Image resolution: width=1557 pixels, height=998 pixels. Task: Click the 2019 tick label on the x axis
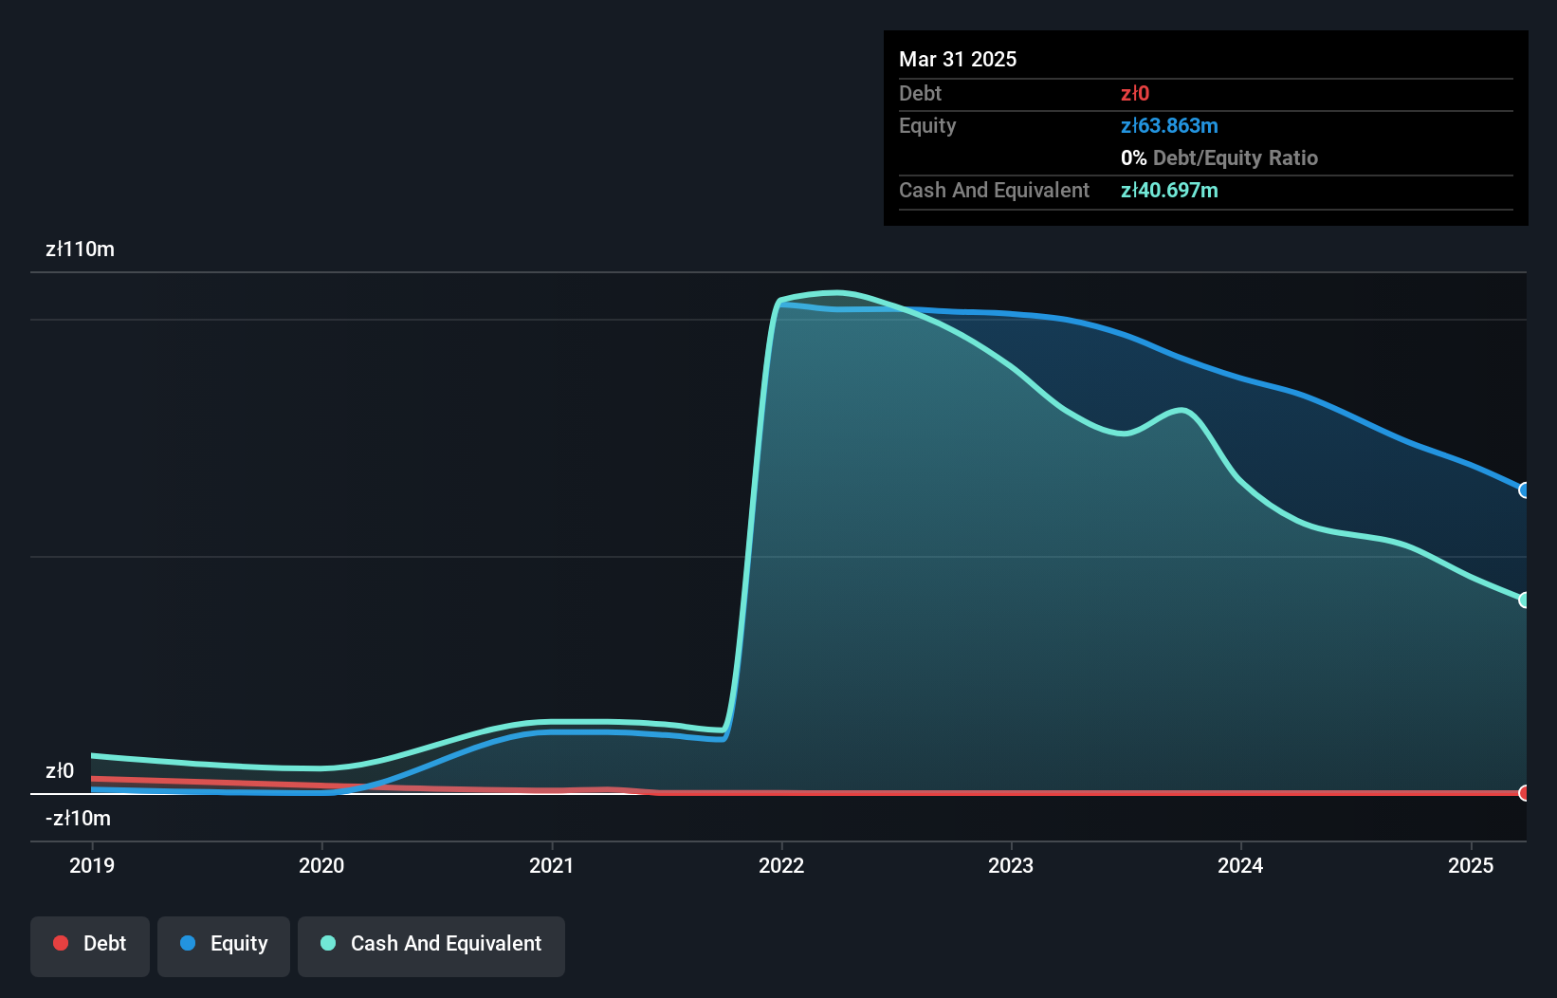click(92, 865)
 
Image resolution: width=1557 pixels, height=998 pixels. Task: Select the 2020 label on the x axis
click(321, 865)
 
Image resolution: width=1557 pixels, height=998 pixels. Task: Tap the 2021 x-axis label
click(551, 865)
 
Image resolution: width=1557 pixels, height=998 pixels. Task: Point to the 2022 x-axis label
click(781, 865)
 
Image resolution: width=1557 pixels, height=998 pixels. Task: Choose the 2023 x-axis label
click(1011, 865)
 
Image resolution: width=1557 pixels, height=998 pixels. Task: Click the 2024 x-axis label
click(1240, 865)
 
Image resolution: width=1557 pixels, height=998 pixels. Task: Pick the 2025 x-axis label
click(1471, 865)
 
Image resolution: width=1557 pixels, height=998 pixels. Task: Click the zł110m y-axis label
click(80, 249)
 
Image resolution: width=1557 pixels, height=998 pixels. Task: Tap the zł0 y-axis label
click(60, 770)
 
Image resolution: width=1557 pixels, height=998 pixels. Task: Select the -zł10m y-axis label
click(78, 818)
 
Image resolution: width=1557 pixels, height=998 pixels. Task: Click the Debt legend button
click(90, 944)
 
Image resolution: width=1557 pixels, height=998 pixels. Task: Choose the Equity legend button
click(224, 944)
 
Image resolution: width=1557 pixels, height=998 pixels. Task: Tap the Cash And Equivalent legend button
click(431, 944)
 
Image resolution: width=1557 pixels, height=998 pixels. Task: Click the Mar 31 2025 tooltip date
click(958, 59)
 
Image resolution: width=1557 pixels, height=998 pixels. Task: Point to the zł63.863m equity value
click(1169, 126)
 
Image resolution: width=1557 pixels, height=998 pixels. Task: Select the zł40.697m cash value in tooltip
click(1169, 191)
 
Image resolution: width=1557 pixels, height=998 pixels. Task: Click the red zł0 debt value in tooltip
click(1135, 94)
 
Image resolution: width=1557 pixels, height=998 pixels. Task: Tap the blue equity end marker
click(1524, 490)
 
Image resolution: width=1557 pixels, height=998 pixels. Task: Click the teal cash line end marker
click(1524, 600)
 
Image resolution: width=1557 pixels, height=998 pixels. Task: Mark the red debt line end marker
click(1524, 793)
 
